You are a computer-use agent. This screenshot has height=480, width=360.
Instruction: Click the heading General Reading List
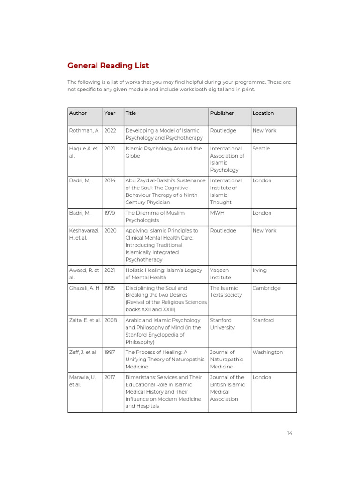108,66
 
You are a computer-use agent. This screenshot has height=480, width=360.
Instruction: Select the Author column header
78,113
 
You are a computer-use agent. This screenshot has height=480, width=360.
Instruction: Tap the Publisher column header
222,113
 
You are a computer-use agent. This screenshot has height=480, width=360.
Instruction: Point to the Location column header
263,113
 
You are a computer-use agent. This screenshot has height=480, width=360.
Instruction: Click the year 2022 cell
110,131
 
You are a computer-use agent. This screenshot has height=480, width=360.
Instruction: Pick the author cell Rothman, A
84,131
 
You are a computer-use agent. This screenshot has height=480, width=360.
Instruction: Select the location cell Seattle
262,149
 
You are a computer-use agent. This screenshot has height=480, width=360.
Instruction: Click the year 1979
110,213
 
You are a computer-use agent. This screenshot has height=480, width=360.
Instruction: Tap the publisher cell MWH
217,213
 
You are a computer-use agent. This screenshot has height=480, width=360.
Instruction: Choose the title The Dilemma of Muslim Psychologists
155,217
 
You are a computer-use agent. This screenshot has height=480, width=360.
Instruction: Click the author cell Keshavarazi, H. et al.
84,234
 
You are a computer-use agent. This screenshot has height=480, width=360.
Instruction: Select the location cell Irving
260,270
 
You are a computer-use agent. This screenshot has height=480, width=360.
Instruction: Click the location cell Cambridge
266,288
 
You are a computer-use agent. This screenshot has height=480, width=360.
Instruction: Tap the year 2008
111,320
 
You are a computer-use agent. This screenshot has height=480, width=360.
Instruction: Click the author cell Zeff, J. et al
82,352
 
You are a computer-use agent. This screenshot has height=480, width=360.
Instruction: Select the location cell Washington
268,352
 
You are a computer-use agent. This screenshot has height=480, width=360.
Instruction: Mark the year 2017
110,377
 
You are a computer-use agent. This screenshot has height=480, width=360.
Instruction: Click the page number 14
290,433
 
